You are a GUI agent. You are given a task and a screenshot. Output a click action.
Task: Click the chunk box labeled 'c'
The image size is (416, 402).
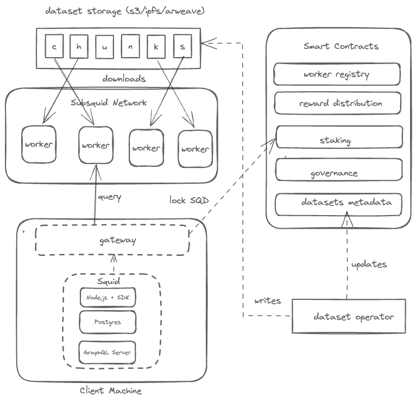tap(54, 46)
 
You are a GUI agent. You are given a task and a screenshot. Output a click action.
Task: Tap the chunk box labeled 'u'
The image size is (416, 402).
tap(105, 47)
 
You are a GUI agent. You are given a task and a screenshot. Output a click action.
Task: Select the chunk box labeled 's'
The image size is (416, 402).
tap(182, 46)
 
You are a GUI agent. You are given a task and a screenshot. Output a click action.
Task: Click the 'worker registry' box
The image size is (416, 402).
tap(337, 74)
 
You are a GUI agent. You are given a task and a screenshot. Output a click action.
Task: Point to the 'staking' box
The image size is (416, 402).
tap(339, 138)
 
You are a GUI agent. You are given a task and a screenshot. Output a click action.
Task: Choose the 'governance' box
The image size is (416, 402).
tap(339, 171)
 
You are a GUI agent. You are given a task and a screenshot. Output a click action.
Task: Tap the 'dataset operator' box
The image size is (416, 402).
tap(349, 316)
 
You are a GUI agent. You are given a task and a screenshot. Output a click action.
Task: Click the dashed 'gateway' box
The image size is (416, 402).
tap(113, 240)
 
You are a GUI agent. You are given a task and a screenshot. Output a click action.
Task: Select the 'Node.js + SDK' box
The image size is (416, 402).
tap(108, 297)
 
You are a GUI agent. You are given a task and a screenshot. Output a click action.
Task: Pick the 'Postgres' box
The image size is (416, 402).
tap(108, 322)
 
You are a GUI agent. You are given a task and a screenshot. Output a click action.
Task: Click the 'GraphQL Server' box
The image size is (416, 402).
tap(108, 352)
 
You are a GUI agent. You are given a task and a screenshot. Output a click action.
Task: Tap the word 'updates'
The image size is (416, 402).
tap(369, 264)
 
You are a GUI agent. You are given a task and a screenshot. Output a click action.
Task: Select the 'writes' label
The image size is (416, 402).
tap(267, 300)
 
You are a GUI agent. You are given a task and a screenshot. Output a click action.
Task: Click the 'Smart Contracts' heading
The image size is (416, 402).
tap(341, 46)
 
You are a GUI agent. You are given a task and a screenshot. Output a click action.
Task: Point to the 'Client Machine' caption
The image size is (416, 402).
tap(111, 391)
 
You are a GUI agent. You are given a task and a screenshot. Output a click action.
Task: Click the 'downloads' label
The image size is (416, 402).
tap(124, 79)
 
